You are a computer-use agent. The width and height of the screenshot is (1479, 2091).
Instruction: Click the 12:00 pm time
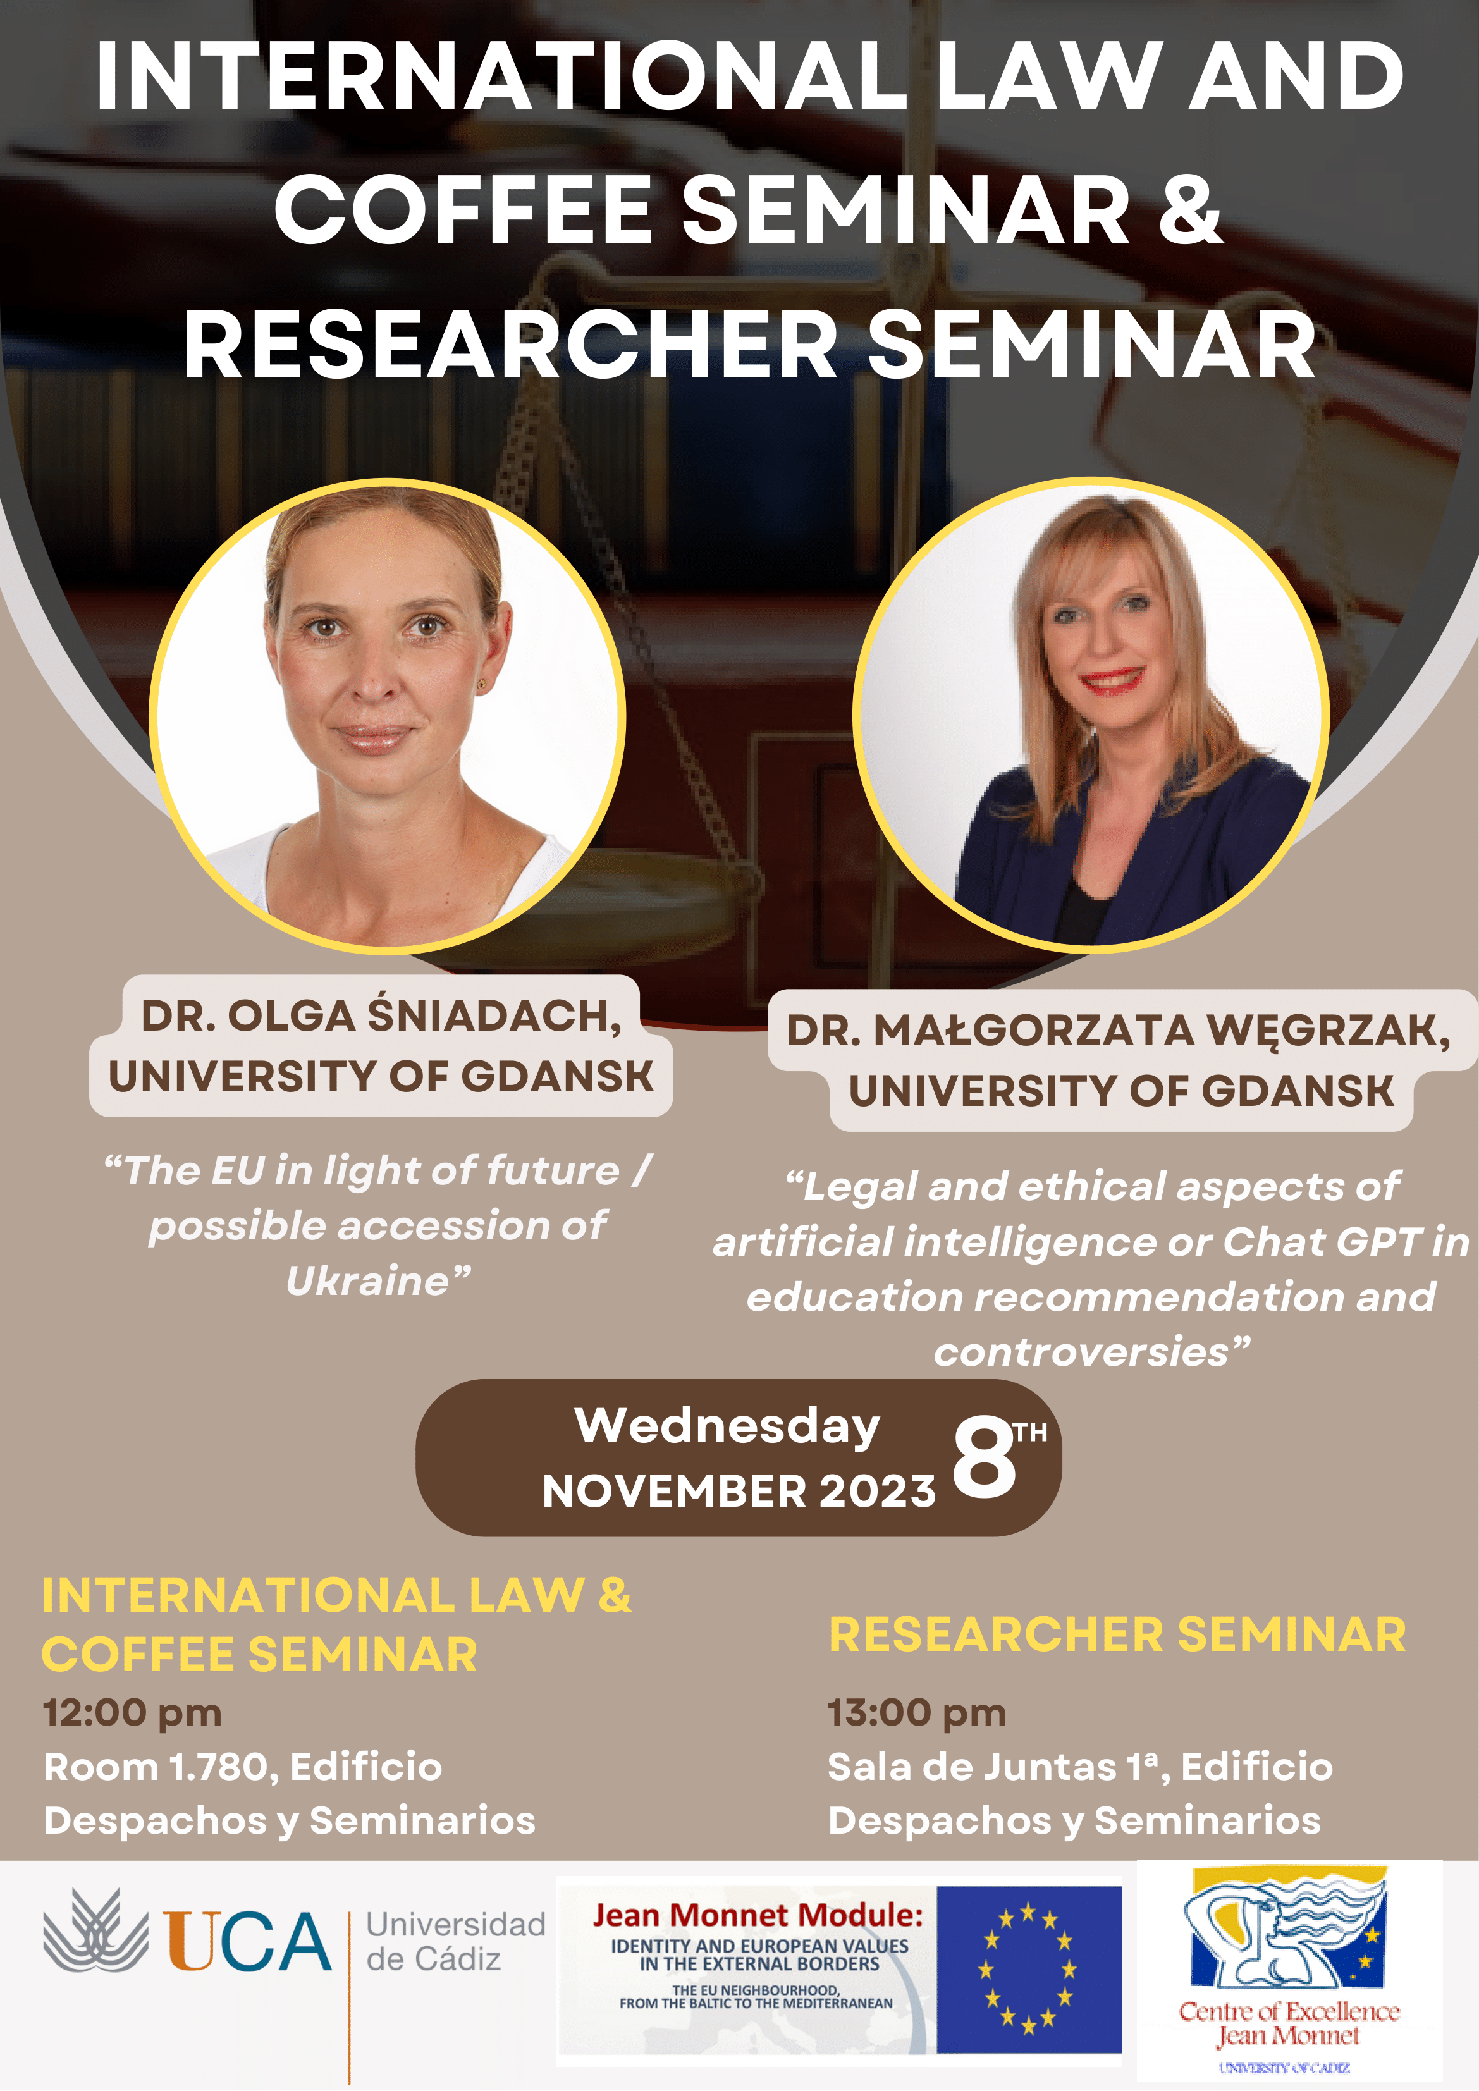point(132,1712)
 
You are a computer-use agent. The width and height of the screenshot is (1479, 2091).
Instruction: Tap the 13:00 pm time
point(916,1712)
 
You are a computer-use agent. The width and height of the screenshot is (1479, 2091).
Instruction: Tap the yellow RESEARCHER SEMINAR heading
point(1117,1634)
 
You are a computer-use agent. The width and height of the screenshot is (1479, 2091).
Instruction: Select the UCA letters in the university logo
point(248,1942)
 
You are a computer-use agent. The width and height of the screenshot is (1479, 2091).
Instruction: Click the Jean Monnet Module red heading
point(758,1915)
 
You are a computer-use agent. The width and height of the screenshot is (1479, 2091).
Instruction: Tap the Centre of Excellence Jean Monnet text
point(1289,2023)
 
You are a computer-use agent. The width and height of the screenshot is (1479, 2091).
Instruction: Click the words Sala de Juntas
point(971,1767)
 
